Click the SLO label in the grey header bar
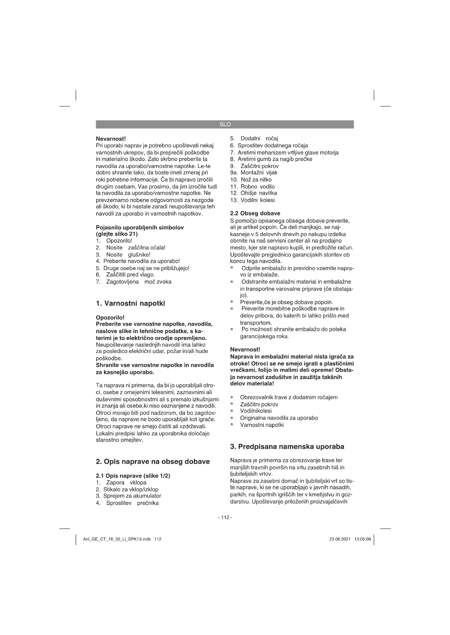pos(225,124)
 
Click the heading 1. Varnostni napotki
pos(131,303)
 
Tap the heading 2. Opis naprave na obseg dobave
pos(153,462)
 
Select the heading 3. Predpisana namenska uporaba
pos(287,447)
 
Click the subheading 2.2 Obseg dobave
pos(255,213)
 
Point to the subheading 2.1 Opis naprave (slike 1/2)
pos(133,476)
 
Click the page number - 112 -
pos(225,517)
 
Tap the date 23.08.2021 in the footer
pos(340,539)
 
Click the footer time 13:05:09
pos(363,539)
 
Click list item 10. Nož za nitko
pos(251,180)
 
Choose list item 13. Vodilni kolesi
pos(252,200)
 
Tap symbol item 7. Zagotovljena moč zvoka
pos(134,282)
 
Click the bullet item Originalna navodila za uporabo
pos(279,418)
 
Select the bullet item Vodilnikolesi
pos(256,411)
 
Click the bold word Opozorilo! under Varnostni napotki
pos(110,317)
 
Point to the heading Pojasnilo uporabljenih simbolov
pos(140,227)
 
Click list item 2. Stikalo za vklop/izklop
pos(127,489)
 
